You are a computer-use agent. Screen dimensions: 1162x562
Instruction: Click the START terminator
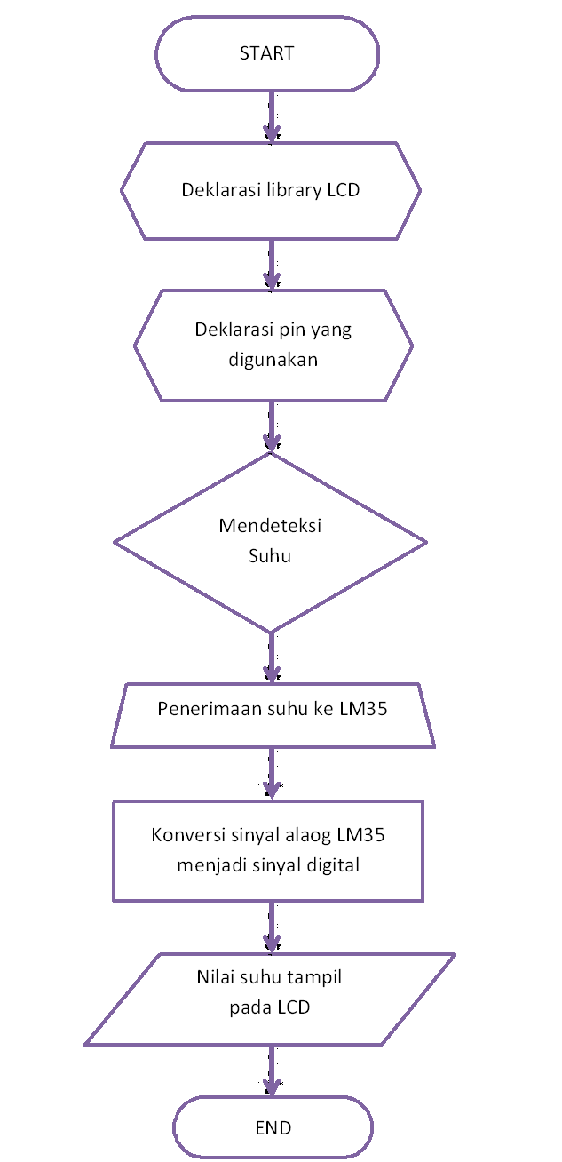pyautogui.click(x=266, y=53)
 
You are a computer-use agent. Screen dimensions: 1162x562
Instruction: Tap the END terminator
pyautogui.click(x=273, y=1128)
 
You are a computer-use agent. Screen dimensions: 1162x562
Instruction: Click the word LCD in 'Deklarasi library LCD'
pyautogui.click(x=342, y=190)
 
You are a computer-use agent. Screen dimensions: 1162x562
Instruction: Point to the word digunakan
pyautogui.click(x=273, y=361)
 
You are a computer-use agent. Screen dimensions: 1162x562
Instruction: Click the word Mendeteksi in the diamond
pyautogui.click(x=270, y=525)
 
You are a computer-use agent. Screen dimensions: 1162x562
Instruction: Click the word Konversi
pyautogui.click(x=186, y=835)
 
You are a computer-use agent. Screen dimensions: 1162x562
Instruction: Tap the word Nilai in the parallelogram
pyautogui.click(x=216, y=978)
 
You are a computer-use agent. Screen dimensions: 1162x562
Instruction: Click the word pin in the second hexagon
pyautogui.click(x=291, y=330)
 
